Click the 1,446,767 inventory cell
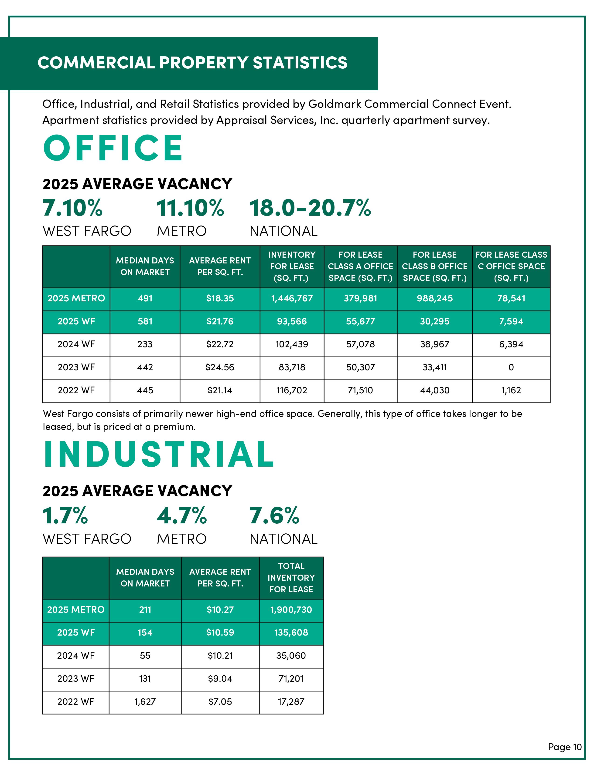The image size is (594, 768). tap(292, 299)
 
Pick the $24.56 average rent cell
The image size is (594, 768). tap(220, 367)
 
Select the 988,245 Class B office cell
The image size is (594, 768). tap(435, 299)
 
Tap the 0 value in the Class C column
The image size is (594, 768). tap(511, 367)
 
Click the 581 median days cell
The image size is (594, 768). tap(145, 321)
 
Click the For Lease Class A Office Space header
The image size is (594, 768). tap(360, 266)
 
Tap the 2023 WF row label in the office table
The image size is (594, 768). tap(76, 367)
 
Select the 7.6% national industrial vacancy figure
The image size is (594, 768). tap(274, 516)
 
